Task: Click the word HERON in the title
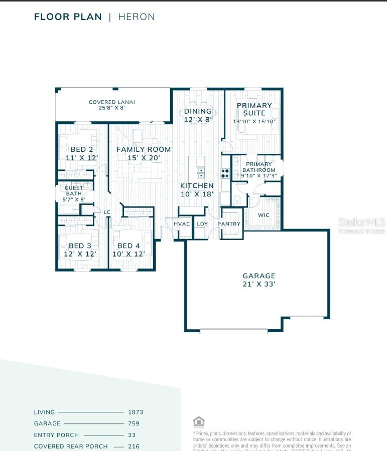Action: click(x=137, y=17)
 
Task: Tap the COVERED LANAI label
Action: click(x=112, y=102)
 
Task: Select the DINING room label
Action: click(x=198, y=111)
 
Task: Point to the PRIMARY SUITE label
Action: click(x=254, y=109)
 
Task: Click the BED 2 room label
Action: click(x=82, y=149)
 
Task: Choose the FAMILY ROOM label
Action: click(x=144, y=149)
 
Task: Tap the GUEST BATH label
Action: click(x=74, y=191)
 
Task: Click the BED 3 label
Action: click(x=80, y=246)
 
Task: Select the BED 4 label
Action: click(x=128, y=246)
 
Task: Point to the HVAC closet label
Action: click(x=181, y=224)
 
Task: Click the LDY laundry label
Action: click(x=202, y=224)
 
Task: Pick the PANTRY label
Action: click(x=229, y=224)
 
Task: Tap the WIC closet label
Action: click(x=264, y=215)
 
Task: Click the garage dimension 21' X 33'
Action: click(x=259, y=284)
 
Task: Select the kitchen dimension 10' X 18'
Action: click(x=197, y=194)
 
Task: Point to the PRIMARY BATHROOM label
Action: click(x=259, y=167)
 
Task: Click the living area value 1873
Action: click(x=136, y=412)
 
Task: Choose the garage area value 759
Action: click(x=134, y=423)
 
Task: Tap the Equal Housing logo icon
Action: click(x=199, y=421)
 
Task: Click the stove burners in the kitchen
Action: click(x=225, y=173)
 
